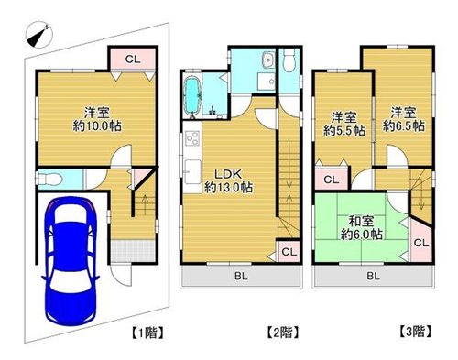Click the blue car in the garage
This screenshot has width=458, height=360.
(71, 260)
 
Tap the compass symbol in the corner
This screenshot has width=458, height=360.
(39, 35)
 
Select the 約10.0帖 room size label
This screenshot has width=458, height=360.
(97, 125)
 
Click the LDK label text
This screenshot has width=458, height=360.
(228, 174)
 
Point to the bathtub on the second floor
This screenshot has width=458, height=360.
(192, 95)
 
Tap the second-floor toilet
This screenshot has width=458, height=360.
(289, 60)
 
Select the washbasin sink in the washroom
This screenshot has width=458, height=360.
(268, 60)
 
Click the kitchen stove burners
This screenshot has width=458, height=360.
(192, 139)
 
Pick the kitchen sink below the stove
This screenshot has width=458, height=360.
(192, 172)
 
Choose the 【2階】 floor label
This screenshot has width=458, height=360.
(282, 333)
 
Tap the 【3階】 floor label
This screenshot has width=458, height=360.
(416, 332)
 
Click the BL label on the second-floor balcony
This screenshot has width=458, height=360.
(241, 277)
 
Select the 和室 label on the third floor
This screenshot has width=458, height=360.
(361, 221)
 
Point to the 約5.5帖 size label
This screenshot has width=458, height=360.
(344, 131)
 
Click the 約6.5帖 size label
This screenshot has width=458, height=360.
(404, 125)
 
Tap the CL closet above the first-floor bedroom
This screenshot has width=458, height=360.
(133, 60)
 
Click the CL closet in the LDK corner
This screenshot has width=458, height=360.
(289, 252)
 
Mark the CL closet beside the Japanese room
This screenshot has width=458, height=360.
(421, 243)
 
